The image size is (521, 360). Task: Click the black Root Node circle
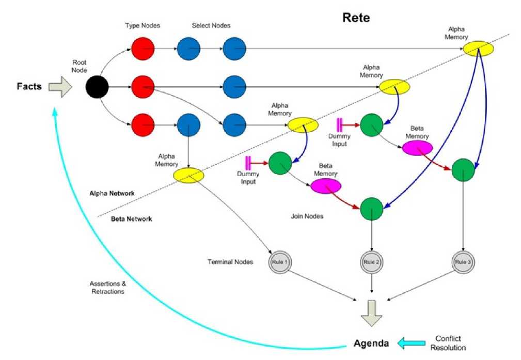point(97,87)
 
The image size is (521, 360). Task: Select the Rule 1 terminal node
point(280,262)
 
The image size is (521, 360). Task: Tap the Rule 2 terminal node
point(371,262)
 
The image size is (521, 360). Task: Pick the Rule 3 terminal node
point(463,262)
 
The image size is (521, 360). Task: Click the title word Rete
point(356,18)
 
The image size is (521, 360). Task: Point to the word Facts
point(29,86)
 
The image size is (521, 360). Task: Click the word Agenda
point(371,343)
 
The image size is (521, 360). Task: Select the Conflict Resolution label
point(448,343)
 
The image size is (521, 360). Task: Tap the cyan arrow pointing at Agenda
point(412,343)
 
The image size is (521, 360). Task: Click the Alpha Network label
point(112,193)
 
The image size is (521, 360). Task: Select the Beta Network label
point(132,218)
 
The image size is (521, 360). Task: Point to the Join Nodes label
point(307,216)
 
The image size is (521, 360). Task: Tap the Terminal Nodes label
point(230,262)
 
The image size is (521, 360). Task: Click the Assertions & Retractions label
point(107,288)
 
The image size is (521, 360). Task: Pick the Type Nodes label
point(143,26)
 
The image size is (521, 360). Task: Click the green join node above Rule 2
point(372,209)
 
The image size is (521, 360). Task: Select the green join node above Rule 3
point(463,170)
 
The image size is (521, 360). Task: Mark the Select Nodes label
point(211,26)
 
